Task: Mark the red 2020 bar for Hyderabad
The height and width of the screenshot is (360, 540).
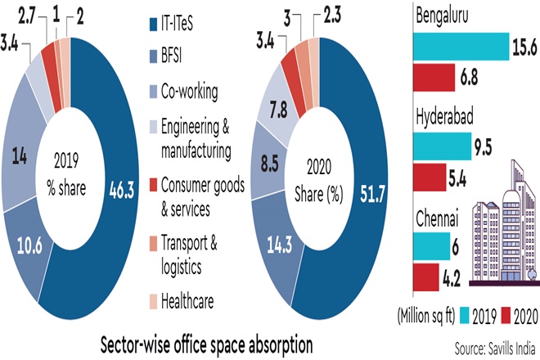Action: pyautogui.click(x=430, y=176)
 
